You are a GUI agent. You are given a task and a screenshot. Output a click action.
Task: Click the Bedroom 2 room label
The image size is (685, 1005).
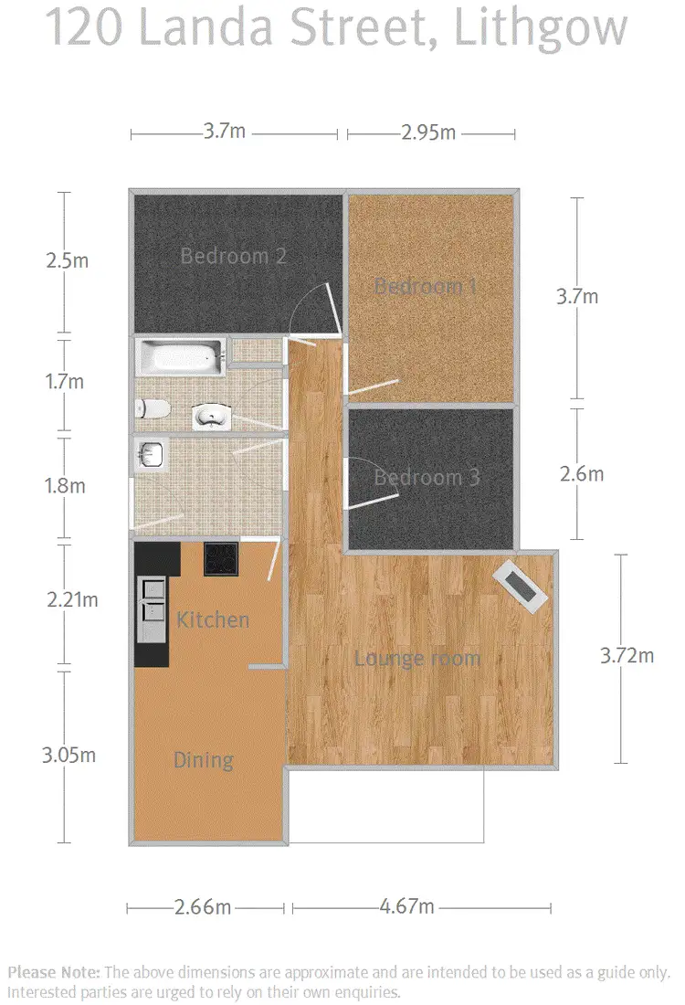click(233, 256)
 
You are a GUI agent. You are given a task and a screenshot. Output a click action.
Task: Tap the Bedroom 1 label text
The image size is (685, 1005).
click(427, 286)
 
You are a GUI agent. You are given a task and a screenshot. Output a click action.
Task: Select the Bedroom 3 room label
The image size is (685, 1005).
click(427, 477)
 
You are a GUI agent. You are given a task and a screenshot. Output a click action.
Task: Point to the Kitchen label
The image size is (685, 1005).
click(212, 619)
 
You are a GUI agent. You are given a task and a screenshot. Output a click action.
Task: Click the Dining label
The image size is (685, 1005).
click(203, 760)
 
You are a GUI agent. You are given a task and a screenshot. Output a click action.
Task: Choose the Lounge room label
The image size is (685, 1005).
click(416, 658)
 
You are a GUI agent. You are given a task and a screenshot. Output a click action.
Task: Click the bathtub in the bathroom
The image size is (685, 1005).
click(179, 357)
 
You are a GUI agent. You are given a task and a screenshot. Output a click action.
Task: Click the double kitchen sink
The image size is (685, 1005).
click(152, 609)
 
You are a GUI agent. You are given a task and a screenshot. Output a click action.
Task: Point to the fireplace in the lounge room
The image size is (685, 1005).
click(521, 585)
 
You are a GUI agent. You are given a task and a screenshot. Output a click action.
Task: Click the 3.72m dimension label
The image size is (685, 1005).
click(627, 656)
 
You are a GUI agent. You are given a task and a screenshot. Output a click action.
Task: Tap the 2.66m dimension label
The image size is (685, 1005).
click(203, 907)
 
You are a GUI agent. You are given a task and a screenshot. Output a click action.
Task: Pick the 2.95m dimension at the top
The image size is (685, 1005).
click(428, 132)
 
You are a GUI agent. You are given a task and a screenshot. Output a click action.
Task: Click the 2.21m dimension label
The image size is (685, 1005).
click(71, 600)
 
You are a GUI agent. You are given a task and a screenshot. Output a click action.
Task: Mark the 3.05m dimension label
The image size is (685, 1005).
click(70, 756)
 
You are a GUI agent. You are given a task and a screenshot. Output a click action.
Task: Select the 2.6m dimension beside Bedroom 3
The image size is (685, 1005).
click(581, 473)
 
